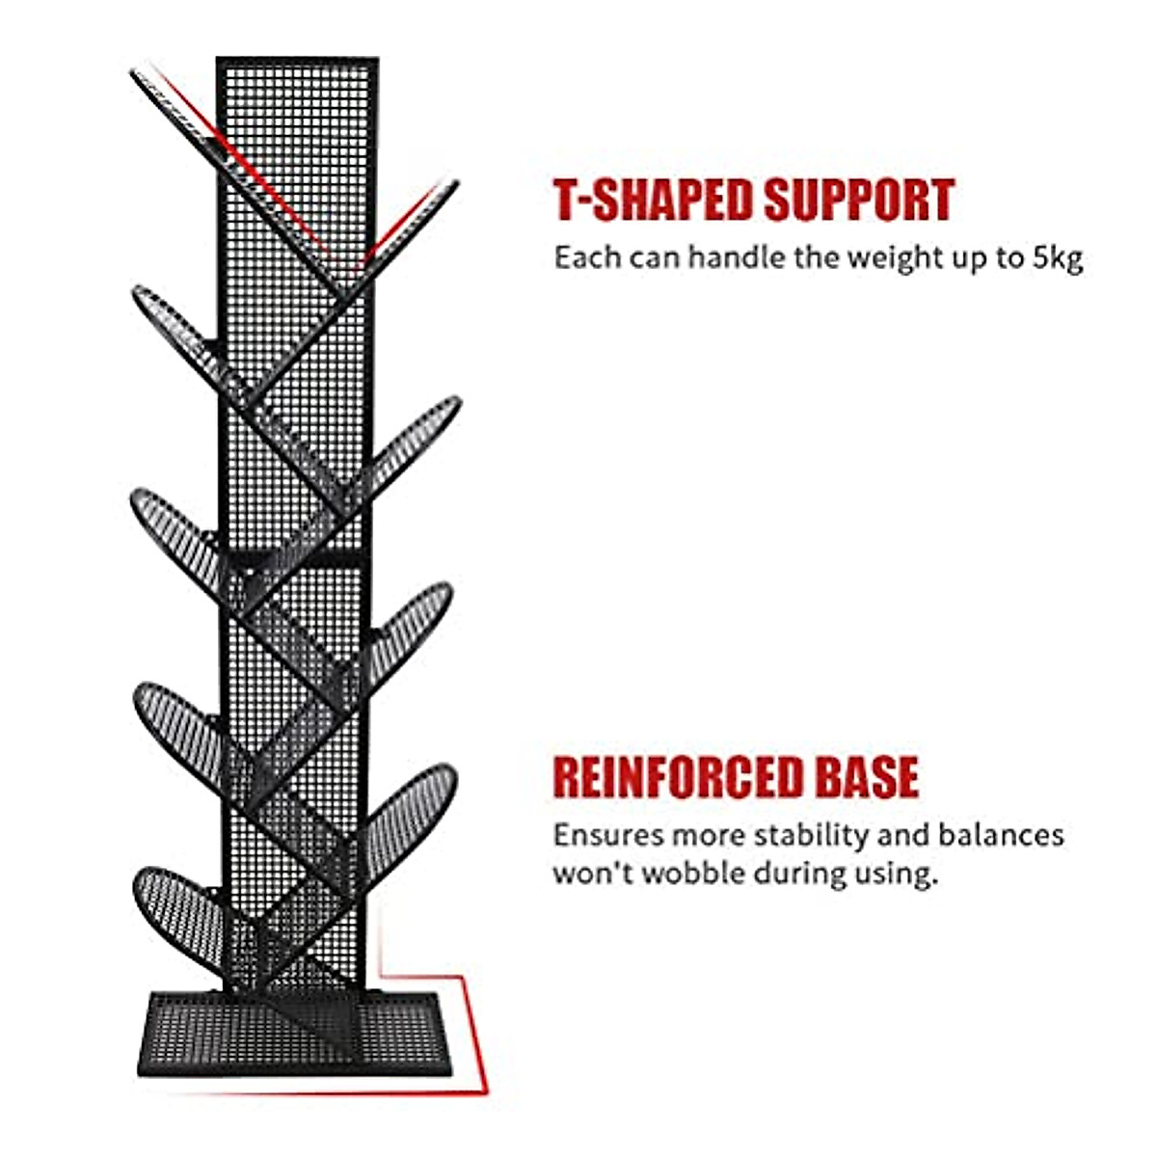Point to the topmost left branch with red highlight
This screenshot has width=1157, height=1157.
(193, 125)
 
